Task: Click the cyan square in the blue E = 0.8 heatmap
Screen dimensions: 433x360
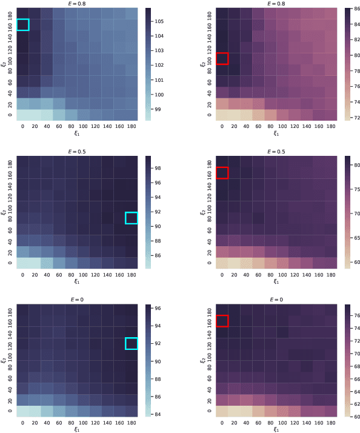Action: click(22, 24)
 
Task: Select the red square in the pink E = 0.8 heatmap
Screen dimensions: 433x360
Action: click(222, 59)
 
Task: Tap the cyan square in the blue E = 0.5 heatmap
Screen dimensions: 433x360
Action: click(132, 218)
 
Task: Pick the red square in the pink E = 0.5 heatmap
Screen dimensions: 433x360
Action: click(222, 172)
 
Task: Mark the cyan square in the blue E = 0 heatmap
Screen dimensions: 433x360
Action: click(132, 343)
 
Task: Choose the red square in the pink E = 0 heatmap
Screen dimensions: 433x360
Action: click(222, 321)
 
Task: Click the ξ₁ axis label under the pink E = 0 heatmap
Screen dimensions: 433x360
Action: click(276, 429)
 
